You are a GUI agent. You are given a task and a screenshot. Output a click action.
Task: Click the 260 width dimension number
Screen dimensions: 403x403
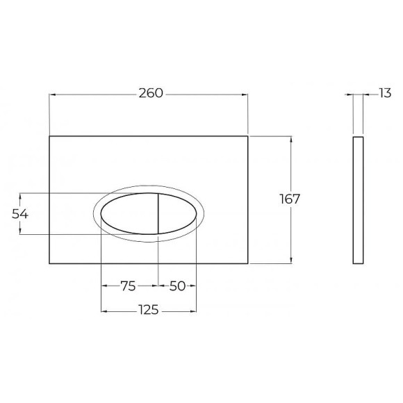click(x=151, y=93)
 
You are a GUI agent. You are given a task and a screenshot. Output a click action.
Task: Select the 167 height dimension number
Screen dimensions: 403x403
click(x=290, y=199)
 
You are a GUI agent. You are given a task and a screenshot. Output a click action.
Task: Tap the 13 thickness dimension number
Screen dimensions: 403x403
click(x=385, y=93)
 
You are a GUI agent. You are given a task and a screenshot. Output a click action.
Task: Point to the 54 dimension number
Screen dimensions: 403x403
click(x=19, y=214)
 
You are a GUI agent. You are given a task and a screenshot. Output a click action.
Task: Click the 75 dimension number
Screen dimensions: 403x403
click(x=128, y=286)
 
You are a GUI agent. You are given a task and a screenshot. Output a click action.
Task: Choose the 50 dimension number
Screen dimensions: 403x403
click(x=177, y=286)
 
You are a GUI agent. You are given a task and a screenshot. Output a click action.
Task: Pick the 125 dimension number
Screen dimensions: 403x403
click(x=149, y=310)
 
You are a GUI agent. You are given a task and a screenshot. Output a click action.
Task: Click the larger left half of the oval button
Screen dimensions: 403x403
click(x=129, y=213)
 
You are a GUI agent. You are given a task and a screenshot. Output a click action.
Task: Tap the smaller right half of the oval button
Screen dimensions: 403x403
click(x=177, y=213)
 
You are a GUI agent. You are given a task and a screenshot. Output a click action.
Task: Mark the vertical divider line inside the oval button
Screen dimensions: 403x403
click(x=158, y=213)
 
